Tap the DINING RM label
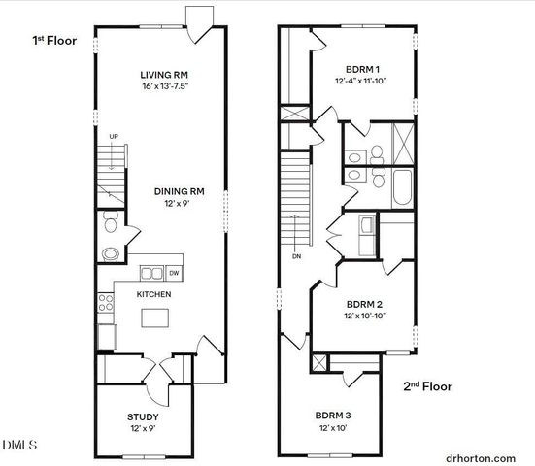coord(179,191)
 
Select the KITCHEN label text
coord(154,292)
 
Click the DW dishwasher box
coord(175,273)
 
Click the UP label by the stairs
coord(114,136)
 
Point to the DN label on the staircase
coord(293,257)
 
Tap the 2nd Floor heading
coord(427,386)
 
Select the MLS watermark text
coord(19,446)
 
